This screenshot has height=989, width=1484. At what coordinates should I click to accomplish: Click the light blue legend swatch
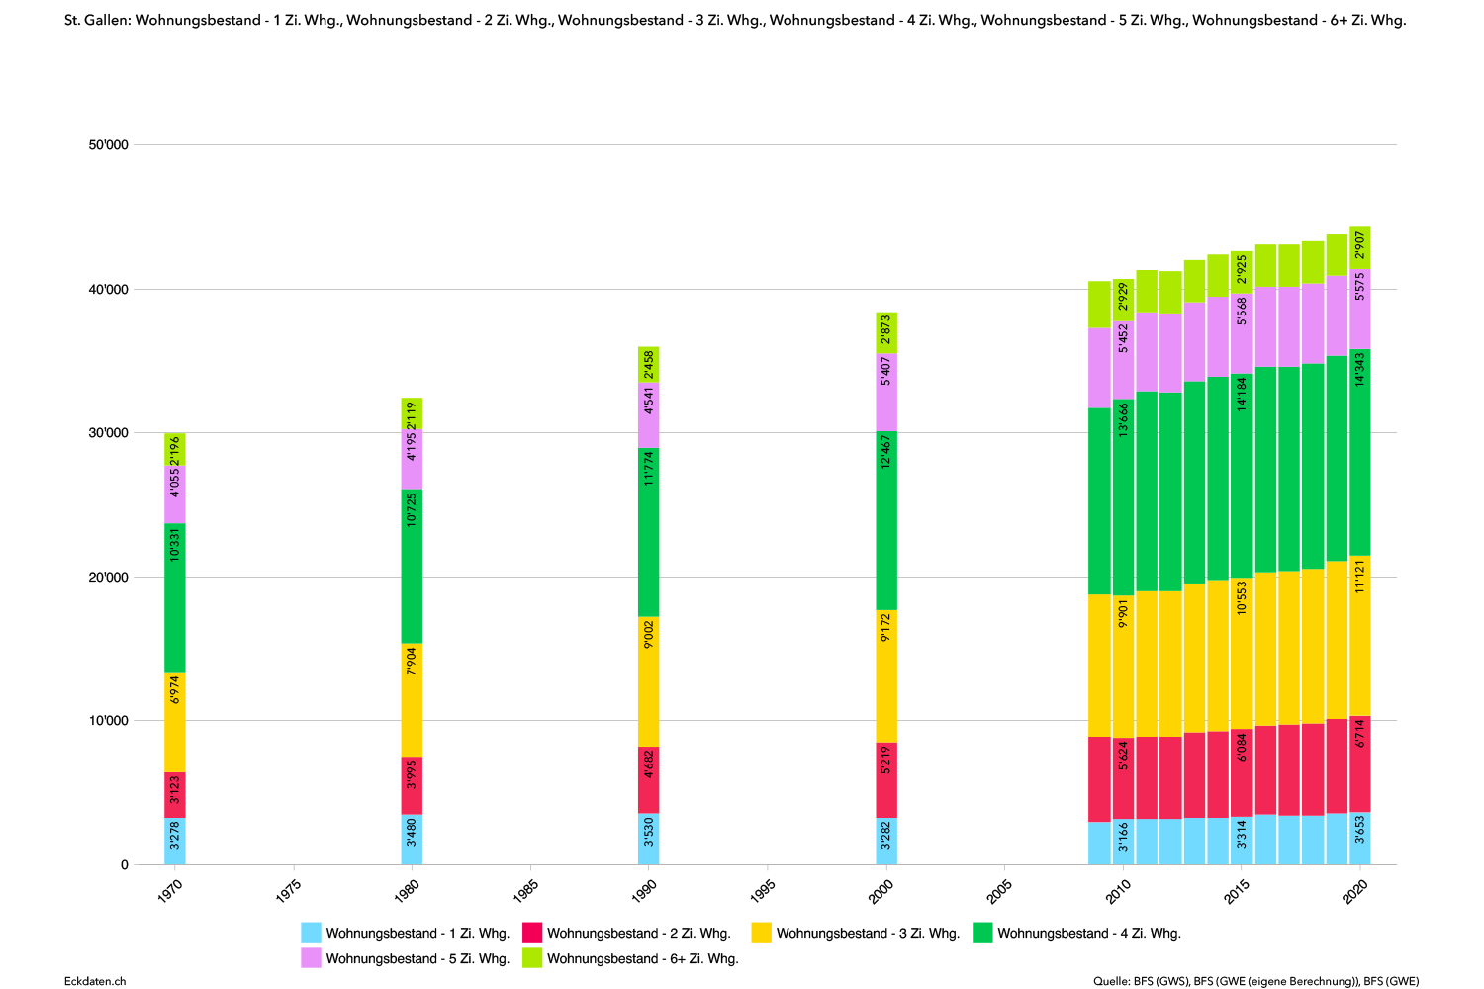[311, 932]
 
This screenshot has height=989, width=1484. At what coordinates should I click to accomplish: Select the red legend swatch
[532, 932]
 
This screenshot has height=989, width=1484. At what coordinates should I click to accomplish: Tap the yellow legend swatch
[761, 932]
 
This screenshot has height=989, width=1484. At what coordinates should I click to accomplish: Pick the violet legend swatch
[311, 957]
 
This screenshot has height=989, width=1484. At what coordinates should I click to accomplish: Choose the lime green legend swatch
[532, 957]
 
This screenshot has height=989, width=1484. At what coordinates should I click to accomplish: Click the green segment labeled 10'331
[175, 598]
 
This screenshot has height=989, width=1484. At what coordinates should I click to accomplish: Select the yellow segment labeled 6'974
[175, 722]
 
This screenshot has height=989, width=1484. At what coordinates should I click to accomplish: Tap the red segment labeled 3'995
[412, 785]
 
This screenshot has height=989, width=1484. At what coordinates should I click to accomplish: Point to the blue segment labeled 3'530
[648, 839]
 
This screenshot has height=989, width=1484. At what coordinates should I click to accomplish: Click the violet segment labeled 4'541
[648, 416]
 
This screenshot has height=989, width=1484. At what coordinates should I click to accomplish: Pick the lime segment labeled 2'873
[886, 332]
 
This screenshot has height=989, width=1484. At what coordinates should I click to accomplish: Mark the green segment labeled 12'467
[886, 521]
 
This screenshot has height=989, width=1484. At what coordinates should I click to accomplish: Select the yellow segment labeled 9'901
[1123, 666]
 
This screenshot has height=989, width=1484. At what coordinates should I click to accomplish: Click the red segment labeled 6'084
[1242, 772]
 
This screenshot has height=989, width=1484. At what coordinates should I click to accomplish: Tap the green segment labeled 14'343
[1360, 452]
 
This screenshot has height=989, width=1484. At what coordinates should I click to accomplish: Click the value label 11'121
[1360, 576]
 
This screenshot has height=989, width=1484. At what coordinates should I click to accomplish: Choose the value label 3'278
[175, 836]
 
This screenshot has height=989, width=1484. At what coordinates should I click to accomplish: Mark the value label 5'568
[1242, 312]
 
